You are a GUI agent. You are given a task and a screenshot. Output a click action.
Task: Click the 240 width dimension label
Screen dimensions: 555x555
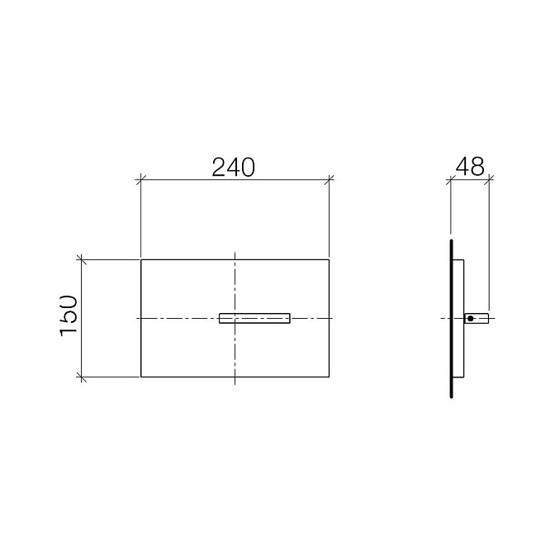click(233, 167)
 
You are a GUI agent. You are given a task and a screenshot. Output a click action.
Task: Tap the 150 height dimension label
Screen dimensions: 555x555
click(69, 315)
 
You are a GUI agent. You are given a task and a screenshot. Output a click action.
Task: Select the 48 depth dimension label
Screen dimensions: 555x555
click(470, 166)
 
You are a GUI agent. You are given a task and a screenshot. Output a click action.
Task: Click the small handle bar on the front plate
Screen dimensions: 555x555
click(254, 318)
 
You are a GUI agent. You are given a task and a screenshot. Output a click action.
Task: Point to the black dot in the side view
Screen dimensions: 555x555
click(470, 319)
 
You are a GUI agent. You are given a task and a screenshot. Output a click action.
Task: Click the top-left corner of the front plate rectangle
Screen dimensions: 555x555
click(141, 260)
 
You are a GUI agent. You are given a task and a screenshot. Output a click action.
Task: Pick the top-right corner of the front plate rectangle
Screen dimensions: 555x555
click(330, 260)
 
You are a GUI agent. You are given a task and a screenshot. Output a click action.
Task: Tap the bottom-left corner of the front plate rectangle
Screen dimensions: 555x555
click(141, 377)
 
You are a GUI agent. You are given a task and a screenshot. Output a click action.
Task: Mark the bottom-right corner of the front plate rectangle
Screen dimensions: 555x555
click(330, 377)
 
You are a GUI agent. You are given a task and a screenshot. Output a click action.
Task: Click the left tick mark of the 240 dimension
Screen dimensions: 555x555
click(141, 180)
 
